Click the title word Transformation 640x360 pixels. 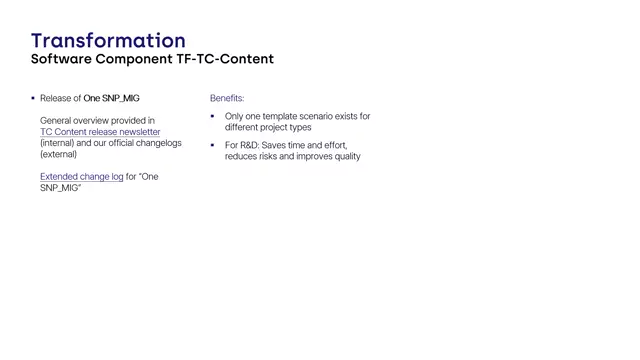click(x=108, y=40)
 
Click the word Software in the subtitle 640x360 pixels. click(x=61, y=59)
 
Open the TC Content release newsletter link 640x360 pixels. click(x=100, y=132)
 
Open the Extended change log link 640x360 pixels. click(x=81, y=177)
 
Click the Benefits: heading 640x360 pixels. click(x=227, y=99)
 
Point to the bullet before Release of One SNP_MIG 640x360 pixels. click(x=33, y=99)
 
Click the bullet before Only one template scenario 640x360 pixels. click(x=213, y=116)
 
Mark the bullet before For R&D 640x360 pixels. click(x=213, y=145)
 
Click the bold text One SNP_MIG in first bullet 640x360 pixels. click(x=111, y=99)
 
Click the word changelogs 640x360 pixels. click(x=160, y=143)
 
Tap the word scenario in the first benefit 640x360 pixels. click(x=326, y=116)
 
